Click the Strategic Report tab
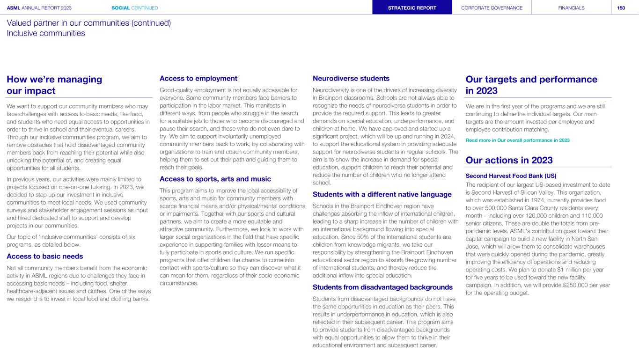[412, 7]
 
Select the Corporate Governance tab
[492, 7]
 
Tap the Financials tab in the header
[571, 7]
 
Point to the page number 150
[621, 7]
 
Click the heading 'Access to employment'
[198, 78]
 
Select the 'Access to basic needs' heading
[45, 256]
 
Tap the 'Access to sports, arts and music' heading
[215, 179]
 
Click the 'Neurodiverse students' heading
[351, 78]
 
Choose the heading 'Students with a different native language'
[382, 194]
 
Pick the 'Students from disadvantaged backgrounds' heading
[382, 287]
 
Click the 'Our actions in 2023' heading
[509, 160]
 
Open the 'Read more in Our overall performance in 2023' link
[518, 140]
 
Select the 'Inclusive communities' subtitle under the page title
[46, 33]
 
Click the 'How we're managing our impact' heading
[54, 85]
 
